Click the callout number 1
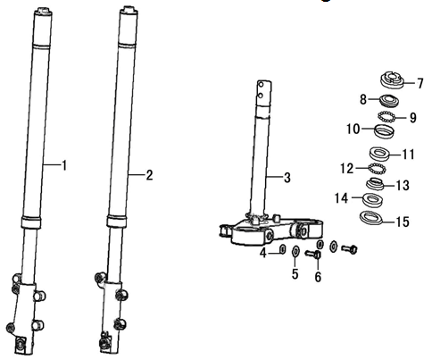click(64, 165)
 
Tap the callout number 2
click(149, 175)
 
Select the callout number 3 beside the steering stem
click(287, 178)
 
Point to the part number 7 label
click(420, 83)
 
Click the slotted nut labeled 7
click(392, 80)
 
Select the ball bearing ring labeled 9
click(386, 116)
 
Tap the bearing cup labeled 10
click(385, 131)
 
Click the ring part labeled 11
click(379, 154)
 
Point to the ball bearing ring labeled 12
click(378, 169)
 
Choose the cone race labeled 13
click(376, 183)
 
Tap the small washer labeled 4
click(282, 249)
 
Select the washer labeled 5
click(295, 252)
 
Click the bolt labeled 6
click(313, 255)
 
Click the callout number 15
click(403, 222)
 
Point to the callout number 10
click(353, 129)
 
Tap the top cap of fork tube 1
click(44, 13)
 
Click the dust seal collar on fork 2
click(116, 222)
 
